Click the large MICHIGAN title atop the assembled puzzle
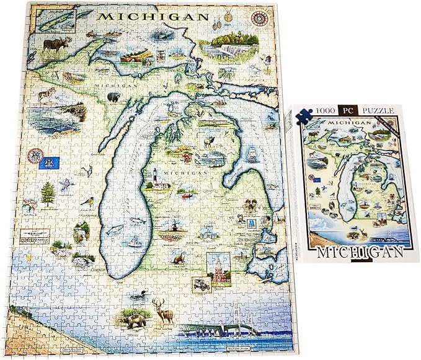coord(151,15)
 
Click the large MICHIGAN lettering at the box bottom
coord(357,253)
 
